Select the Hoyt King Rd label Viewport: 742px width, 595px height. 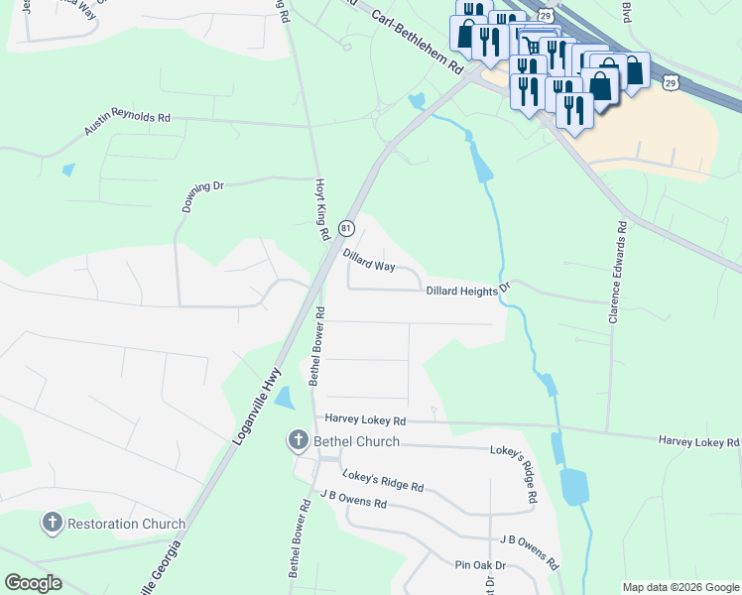pyautogui.click(x=320, y=210)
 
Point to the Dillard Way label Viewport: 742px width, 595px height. pyautogui.click(x=369, y=261)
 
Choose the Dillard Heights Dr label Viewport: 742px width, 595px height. pyautogui.click(x=467, y=290)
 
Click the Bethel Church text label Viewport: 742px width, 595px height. pyautogui.click(x=356, y=441)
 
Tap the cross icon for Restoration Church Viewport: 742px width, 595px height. pyautogui.click(x=53, y=524)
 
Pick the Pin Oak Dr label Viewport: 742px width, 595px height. pyautogui.click(x=480, y=564)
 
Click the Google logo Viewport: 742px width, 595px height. pyautogui.click(x=33, y=583)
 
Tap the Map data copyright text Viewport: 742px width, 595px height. pyautogui.click(x=680, y=587)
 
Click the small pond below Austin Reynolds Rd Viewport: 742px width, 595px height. pyautogui.click(x=67, y=170)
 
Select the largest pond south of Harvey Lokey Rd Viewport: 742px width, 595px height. pyautogui.click(x=573, y=487)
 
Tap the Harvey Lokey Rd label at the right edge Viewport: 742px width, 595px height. pyautogui.click(x=698, y=441)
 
